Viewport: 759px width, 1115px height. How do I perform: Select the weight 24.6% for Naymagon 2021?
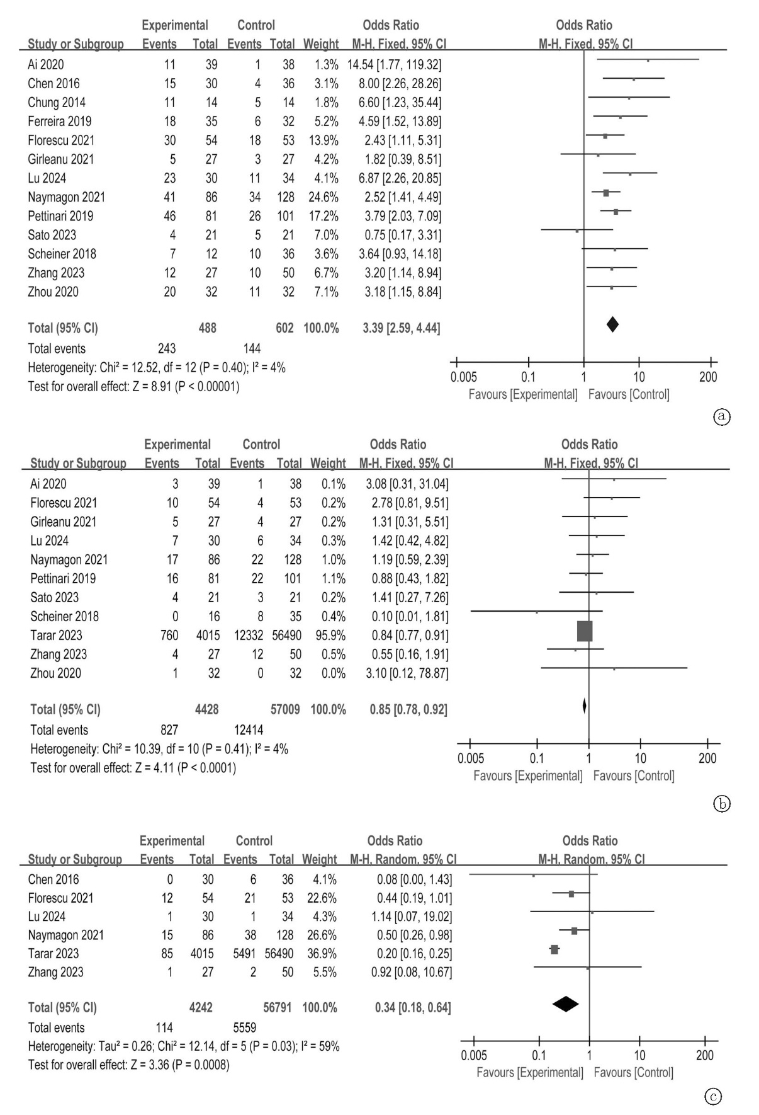coord(323,197)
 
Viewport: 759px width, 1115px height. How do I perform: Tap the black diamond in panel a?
coord(612,324)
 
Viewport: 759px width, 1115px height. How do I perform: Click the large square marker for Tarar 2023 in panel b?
coord(585,631)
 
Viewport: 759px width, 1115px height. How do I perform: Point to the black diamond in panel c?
coord(565,1005)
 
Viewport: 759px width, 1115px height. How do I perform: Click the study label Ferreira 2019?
coord(59,122)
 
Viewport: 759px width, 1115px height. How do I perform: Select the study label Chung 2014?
coord(57,103)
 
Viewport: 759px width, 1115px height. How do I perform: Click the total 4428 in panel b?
coord(206,709)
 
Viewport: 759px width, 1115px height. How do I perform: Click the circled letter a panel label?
coord(722,416)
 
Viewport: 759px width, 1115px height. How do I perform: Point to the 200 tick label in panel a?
coord(708,377)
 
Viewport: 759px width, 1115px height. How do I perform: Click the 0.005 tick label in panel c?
coord(474,1055)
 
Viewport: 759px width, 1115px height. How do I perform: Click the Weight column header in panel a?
coord(321,45)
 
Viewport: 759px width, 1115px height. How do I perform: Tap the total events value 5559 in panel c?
coord(245,1027)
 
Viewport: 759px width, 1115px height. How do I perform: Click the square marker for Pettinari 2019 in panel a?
coord(616,212)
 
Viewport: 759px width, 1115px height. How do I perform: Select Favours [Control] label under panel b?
coord(634,776)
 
